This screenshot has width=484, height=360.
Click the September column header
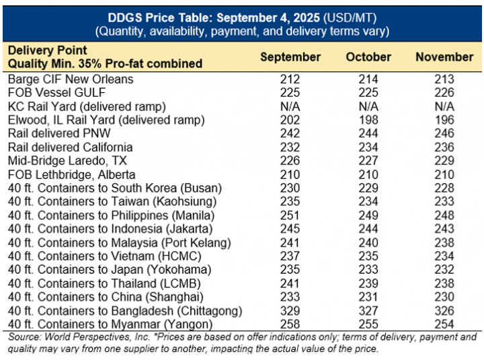coord(290,57)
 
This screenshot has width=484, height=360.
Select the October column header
coord(368,57)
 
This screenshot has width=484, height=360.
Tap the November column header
coord(444,57)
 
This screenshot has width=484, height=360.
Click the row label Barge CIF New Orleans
coord(70,79)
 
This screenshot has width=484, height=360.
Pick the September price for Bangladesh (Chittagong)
coord(290,311)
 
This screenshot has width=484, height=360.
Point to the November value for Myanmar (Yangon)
coord(444,324)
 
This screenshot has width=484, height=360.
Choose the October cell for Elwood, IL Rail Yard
coord(368,120)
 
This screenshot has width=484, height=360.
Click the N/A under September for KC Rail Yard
coord(290,106)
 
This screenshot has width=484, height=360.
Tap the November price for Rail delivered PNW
coord(444,133)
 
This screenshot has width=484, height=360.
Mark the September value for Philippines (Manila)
coord(290,215)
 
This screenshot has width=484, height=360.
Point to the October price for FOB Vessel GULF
coord(368,92)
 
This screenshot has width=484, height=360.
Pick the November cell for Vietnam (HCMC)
coord(444,256)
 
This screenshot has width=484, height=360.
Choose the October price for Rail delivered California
coord(368,147)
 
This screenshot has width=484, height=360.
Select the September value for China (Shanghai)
coord(290,297)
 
